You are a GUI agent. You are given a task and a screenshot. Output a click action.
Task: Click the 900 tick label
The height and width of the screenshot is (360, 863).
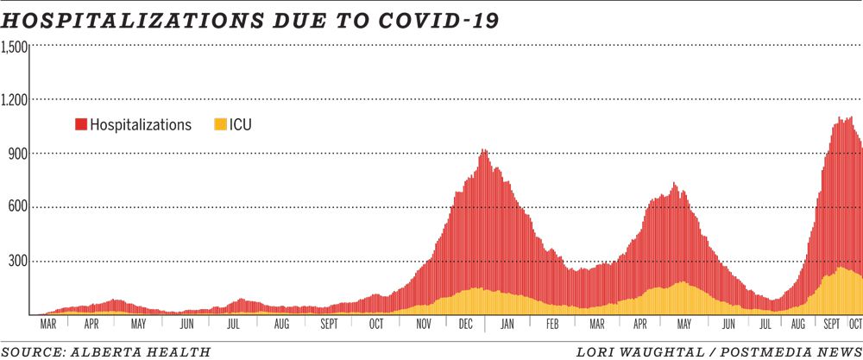(18, 154)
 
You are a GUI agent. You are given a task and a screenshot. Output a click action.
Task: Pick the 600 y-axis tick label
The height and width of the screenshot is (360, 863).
(18, 207)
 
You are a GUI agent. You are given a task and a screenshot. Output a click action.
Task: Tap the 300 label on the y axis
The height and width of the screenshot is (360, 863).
(18, 261)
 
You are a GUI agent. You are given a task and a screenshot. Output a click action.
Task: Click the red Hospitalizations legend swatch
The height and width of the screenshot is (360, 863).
(81, 125)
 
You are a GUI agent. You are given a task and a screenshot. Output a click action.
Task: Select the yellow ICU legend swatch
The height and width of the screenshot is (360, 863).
(220, 125)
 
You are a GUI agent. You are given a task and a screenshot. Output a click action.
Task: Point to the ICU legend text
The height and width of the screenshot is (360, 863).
(241, 125)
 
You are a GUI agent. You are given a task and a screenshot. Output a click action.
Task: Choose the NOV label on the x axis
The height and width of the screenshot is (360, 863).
(424, 325)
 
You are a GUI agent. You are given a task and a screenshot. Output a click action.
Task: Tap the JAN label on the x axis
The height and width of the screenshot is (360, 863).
(507, 325)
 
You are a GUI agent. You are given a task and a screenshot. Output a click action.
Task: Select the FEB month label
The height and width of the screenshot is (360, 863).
(551, 325)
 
